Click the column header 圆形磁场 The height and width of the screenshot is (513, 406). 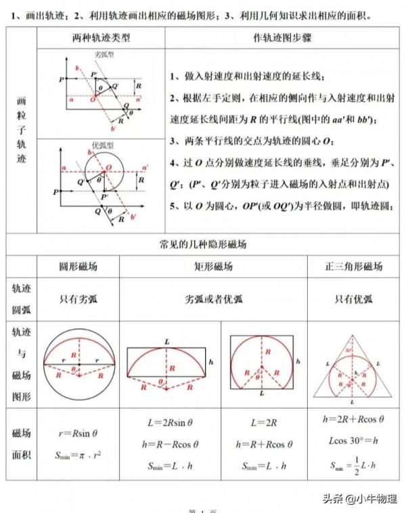click(78, 267)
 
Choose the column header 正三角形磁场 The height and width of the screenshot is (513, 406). click(354, 267)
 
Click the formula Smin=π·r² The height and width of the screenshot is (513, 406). click(78, 455)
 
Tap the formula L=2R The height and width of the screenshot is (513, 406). click(261, 422)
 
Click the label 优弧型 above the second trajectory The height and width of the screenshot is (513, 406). click(102, 145)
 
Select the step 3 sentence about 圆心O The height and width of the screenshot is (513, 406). click(252, 141)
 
